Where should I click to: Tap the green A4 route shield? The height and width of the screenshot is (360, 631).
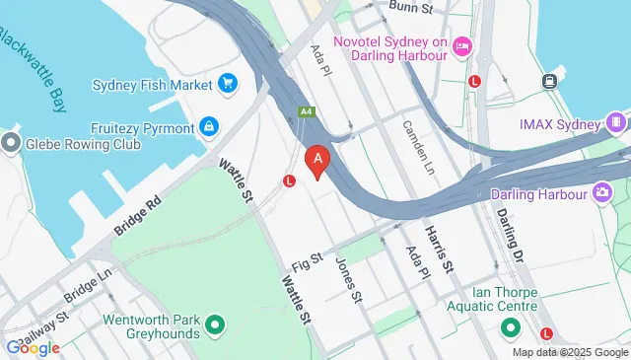click(307, 112)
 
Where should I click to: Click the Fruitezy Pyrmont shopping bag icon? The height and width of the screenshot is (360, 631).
click(209, 126)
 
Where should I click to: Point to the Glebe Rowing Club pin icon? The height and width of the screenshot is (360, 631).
click(11, 144)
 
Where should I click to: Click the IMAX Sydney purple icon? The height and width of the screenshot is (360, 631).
click(616, 124)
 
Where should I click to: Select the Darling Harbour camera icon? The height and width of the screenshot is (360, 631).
click(600, 193)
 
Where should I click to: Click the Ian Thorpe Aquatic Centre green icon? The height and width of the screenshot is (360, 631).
click(510, 326)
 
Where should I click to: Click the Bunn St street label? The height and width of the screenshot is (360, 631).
click(409, 7)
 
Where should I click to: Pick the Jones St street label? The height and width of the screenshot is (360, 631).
click(350, 279)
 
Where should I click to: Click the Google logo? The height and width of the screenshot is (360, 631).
click(32, 347)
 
